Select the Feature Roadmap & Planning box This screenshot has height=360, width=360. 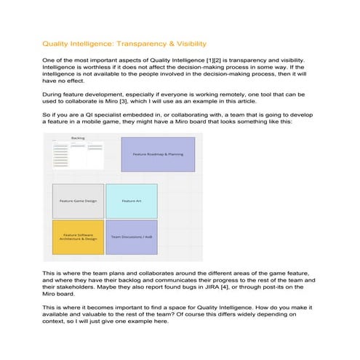click(157, 154)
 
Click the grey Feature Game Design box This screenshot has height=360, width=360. click(78, 201)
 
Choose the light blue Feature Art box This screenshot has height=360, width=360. click(131, 201)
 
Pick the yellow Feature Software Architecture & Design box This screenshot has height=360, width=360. click(78, 238)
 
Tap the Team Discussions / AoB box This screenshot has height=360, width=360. click(131, 238)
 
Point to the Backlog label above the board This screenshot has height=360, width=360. click(78, 137)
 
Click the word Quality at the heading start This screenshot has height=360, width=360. click(55, 44)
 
